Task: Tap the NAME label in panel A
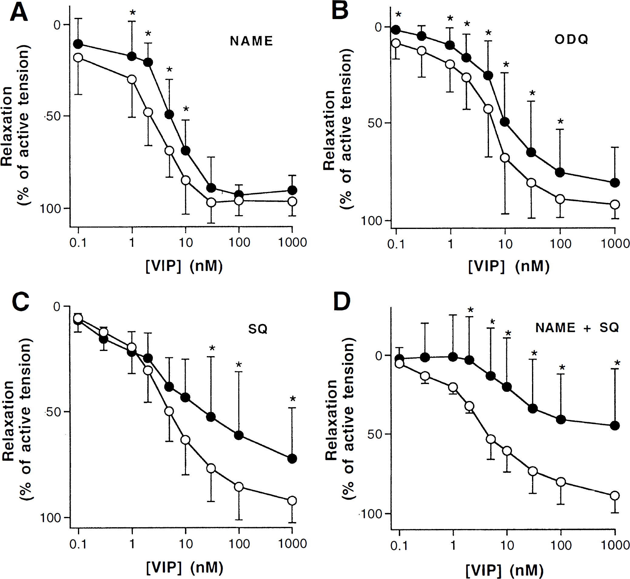click(x=251, y=41)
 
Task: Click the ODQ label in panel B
click(x=571, y=39)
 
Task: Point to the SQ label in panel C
click(x=258, y=329)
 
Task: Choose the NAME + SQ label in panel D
click(x=577, y=328)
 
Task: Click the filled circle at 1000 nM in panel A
click(x=292, y=190)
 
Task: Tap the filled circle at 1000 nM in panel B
click(x=615, y=182)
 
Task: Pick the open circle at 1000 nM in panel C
click(x=292, y=501)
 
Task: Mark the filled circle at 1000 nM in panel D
click(x=615, y=425)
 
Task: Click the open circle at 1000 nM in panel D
click(x=615, y=496)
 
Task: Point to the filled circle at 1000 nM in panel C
click(x=292, y=459)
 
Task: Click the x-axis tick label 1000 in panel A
click(x=292, y=242)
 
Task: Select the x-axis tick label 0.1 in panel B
click(x=396, y=244)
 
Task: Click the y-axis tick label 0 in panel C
click(x=57, y=306)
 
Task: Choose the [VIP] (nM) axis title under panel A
click(x=184, y=266)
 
